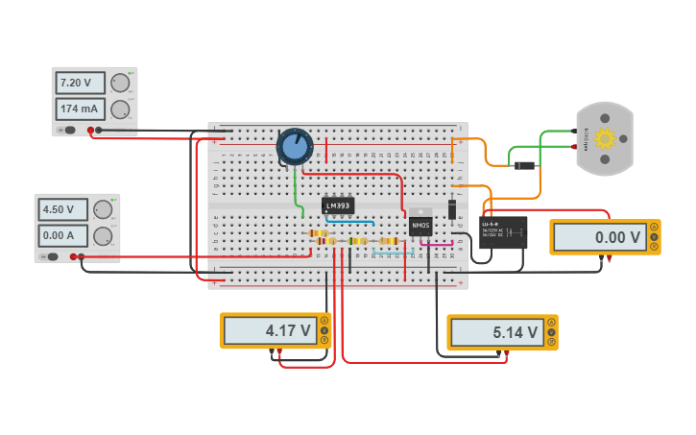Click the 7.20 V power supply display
81,83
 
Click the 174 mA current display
81,109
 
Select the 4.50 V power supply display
63,209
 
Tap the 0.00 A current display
63,235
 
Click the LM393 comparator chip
338,205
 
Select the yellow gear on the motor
604,138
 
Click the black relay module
503,231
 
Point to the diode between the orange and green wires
524,165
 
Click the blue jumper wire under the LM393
348,221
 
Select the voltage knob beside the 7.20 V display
120,84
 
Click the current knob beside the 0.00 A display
103,235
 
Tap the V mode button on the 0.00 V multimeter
655,237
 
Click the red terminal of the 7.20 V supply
90,130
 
